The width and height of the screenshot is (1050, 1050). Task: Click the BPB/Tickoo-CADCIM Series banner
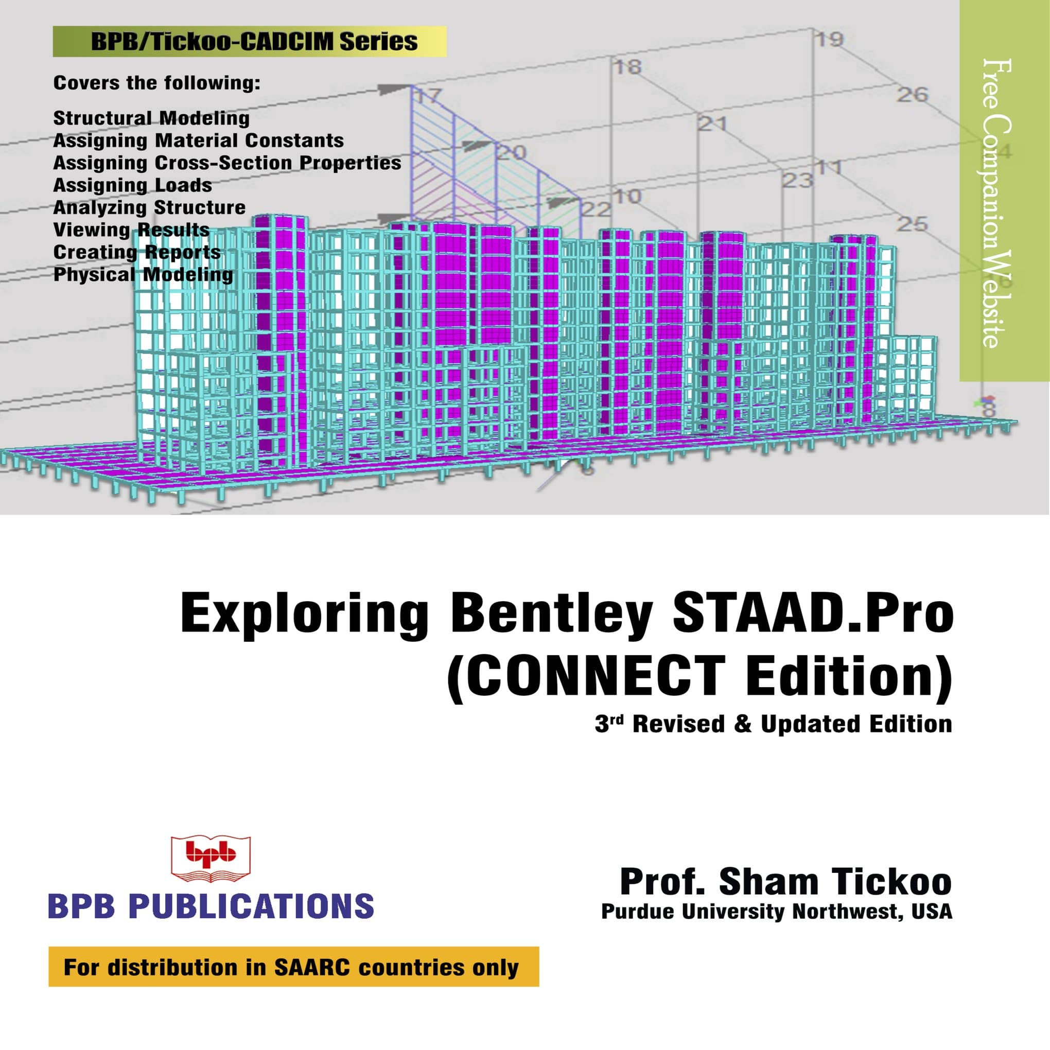point(250,41)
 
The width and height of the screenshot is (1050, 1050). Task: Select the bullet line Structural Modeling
point(151,118)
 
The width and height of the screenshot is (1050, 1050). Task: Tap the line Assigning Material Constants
point(198,140)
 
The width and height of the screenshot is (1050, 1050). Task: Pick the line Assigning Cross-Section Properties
point(227,163)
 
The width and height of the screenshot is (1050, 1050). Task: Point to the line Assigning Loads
point(133,185)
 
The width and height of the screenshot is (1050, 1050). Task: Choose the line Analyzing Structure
point(149,207)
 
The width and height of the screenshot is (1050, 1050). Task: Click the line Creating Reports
point(137,252)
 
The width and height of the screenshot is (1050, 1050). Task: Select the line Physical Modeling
point(143,274)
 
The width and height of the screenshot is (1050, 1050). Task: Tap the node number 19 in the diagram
point(829,39)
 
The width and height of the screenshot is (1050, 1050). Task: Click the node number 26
point(912,95)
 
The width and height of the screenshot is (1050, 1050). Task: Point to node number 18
point(628,67)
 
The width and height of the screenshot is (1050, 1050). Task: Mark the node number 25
point(912,223)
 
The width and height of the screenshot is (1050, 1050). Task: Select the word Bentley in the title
point(552,614)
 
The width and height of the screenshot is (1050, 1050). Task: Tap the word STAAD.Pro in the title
point(813,614)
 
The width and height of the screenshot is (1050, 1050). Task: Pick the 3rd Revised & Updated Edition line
point(773,725)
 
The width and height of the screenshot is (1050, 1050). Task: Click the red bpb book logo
point(211,858)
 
